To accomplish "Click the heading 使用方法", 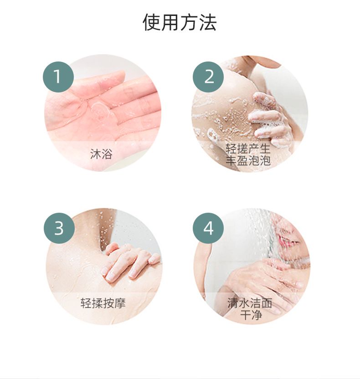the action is pos(180,22).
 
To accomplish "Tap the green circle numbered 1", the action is pos(58,77).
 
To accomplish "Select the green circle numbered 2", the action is pos(208,77).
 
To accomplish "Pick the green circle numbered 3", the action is pos(59,228).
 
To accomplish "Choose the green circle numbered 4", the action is pos(208,228).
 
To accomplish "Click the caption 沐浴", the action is pos(101,154).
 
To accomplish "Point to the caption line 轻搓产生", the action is pos(248,149).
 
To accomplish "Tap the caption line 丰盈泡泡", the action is pos(248,160).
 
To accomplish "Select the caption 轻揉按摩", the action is pos(103,303).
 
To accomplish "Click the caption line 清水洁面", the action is pos(250,303).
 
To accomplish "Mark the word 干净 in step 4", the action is pos(251,315).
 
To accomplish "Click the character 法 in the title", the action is pos(207,22).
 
